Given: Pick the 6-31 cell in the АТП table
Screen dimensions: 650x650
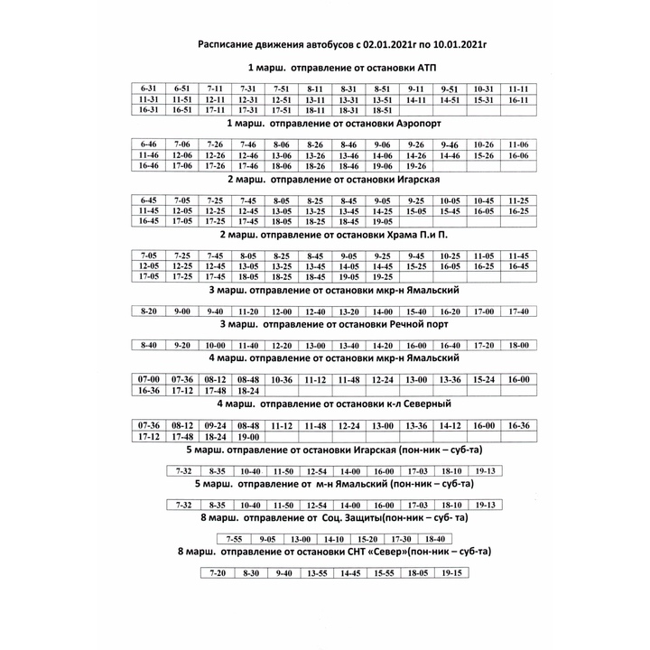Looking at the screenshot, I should tap(148, 88).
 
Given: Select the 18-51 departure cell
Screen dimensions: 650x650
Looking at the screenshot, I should tap(382, 110).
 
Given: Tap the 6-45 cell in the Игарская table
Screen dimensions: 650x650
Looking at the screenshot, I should tap(148, 200).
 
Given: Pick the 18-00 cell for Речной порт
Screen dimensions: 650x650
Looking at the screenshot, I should tap(517, 345).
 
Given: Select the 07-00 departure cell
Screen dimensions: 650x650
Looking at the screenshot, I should tap(148, 378).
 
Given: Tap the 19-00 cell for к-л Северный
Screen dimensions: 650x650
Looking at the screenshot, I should tap(248, 437).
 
